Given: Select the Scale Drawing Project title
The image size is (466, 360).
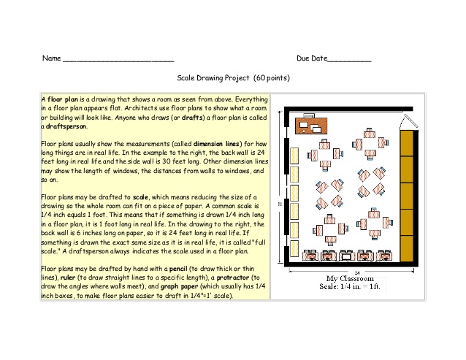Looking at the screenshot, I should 214,77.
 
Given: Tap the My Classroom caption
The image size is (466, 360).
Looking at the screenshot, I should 350,279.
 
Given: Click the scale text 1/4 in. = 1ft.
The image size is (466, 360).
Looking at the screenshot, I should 350,288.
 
